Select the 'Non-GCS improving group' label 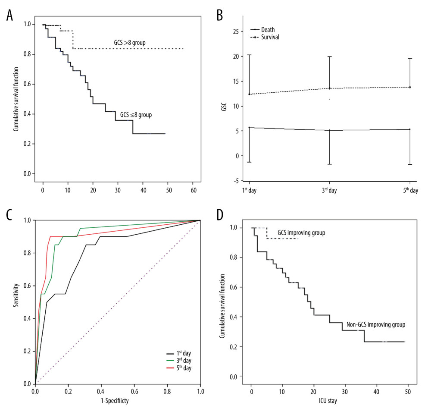[x=374, y=324]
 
